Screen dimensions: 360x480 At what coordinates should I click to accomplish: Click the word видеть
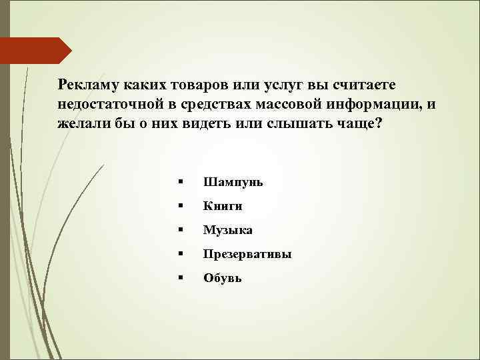pyautogui.click(x=207, y=125)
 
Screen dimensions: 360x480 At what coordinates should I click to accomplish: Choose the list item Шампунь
pyautogui.click(x=233, y=182)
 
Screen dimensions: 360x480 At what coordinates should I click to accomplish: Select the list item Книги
pyautogui.click(x=223, y=206)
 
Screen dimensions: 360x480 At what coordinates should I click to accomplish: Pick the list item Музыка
pyautogui.click(x=227, y=230)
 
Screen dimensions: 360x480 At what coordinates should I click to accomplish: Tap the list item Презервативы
pyautogui.click(x=247, y=254)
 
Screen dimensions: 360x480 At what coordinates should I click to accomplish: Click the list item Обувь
pyautogui.click(x=223, y=278)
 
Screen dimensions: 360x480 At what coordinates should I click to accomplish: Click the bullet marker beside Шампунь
pyautogui.click(x=180, y=182)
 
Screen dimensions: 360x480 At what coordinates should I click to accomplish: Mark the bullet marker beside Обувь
pyautogui.click(x=180, y=278)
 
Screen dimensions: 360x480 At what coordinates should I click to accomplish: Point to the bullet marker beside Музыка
pyautogui.click(x=180, y=230)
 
